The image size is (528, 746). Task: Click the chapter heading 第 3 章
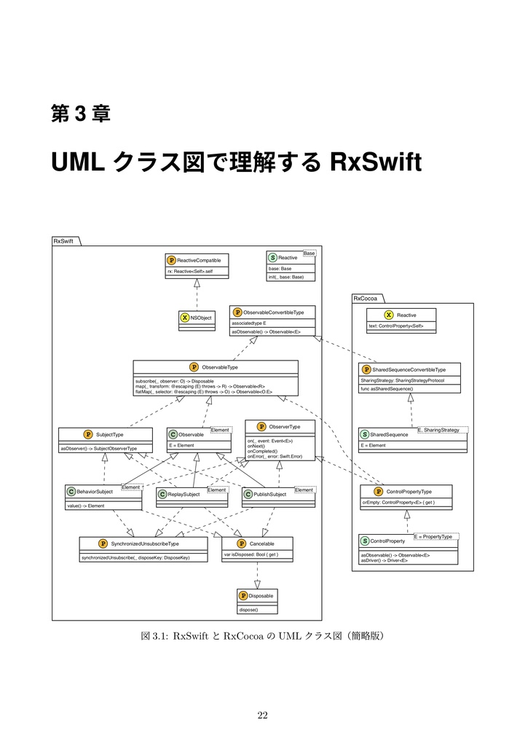(x=80, y=114)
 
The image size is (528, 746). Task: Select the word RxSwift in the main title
(x=376, y=162)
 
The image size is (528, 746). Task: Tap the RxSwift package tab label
(x=63, y=241)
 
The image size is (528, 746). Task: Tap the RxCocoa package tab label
(x=365, y=299)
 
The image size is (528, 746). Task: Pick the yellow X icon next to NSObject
(x=184, y=318)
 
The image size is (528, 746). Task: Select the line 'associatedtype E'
(x=248, y=323)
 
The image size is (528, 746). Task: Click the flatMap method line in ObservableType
(x=204, y=392)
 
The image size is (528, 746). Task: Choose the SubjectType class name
(x=110, y=434)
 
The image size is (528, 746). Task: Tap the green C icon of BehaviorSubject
(x=71, y=492)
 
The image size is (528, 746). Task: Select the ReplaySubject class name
(x=184, y=495)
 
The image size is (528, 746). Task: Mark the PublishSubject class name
(x=269, y=495)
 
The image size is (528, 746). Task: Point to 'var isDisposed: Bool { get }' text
(x=251, y=554)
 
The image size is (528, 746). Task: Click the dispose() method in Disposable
(x=248, y=609)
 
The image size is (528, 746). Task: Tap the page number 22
(x=263, y=715)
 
